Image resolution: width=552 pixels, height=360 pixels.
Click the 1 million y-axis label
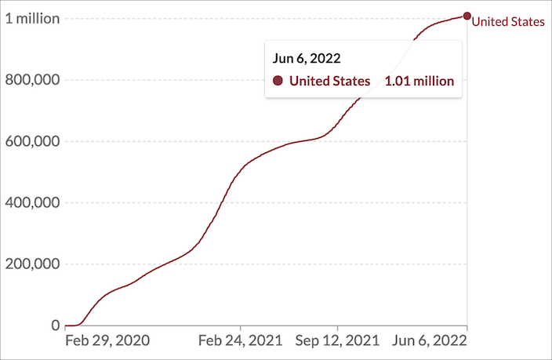click(32, 19)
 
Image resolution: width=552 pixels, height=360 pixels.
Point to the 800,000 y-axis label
click(32, 80)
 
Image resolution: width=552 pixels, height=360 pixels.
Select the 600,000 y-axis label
click(32, 141)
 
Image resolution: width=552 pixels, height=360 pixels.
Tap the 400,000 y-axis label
click(32, 202)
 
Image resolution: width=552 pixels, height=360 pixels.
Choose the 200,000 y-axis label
click(32, 264)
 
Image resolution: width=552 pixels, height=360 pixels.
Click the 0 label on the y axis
click(55, 325)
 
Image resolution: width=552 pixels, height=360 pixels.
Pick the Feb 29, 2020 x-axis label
click(107, 340)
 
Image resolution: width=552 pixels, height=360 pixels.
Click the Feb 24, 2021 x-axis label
click(241, 340)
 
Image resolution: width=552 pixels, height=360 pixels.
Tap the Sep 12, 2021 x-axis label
click(337, 340)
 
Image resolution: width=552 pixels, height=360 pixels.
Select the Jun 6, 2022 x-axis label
click(430, 340)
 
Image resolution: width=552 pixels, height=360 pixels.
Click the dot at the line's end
click(467, 16)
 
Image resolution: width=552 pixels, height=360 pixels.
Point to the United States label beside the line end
click(508, 22)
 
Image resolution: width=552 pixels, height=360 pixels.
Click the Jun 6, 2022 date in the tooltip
click(307, 59)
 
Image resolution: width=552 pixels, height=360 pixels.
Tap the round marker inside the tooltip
click(278, 81)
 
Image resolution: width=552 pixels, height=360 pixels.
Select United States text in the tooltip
click(329, 81)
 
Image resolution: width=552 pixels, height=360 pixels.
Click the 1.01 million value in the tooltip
click(419, 81)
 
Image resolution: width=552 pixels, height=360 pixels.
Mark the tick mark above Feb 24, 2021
click(241, 328)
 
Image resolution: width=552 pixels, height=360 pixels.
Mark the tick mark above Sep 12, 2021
click(337, 328)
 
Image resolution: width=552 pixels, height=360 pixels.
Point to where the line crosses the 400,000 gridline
click(222, 202)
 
